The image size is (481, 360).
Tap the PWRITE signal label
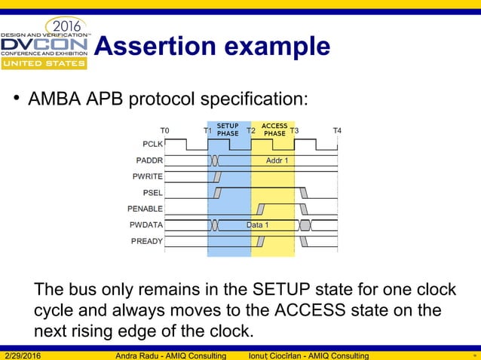coord(148,176)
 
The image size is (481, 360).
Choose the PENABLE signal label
coord(146,209)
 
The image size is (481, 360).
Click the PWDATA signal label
coord(146,225)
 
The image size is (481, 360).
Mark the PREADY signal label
coord(146,241)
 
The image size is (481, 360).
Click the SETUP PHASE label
coord(228,130)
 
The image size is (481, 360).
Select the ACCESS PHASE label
coord(274,130)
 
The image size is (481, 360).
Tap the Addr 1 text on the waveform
coord(277,160)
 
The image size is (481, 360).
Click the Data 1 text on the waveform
coord(257,225)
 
